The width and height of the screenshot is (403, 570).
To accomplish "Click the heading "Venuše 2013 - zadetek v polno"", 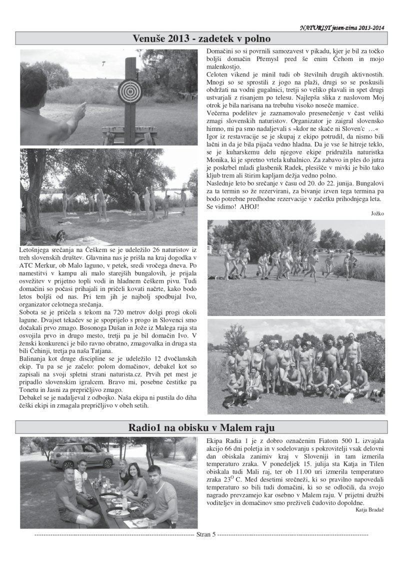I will (201, 38).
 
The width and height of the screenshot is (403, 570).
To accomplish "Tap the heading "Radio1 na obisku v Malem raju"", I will (201, 428).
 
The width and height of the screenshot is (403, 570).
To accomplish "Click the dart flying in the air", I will (102, 63).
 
